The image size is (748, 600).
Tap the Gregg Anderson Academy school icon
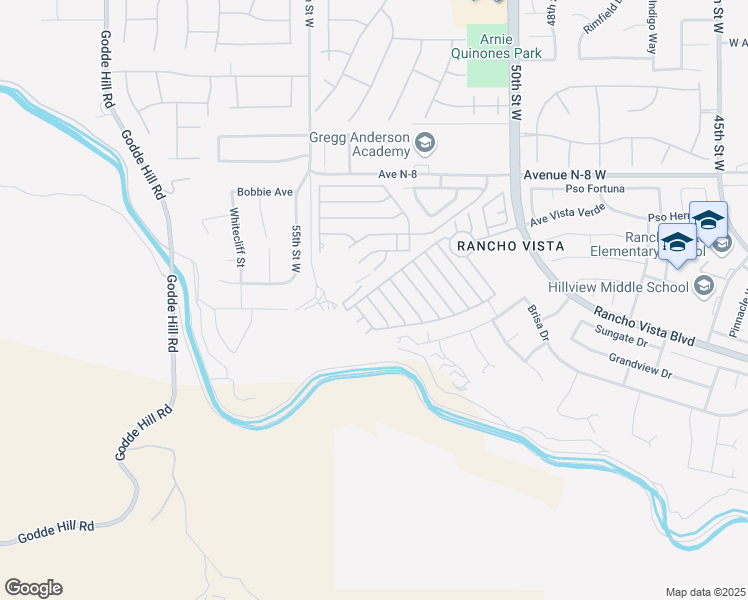424,142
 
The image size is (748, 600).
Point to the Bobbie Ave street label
264,192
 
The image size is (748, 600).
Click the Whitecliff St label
236,238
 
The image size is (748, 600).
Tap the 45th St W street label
719,140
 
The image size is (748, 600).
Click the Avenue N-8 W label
566,174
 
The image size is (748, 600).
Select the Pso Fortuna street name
595,189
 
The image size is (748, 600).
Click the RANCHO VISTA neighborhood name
509,245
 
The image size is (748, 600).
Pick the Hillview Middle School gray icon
703,287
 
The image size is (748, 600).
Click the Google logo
33,588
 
